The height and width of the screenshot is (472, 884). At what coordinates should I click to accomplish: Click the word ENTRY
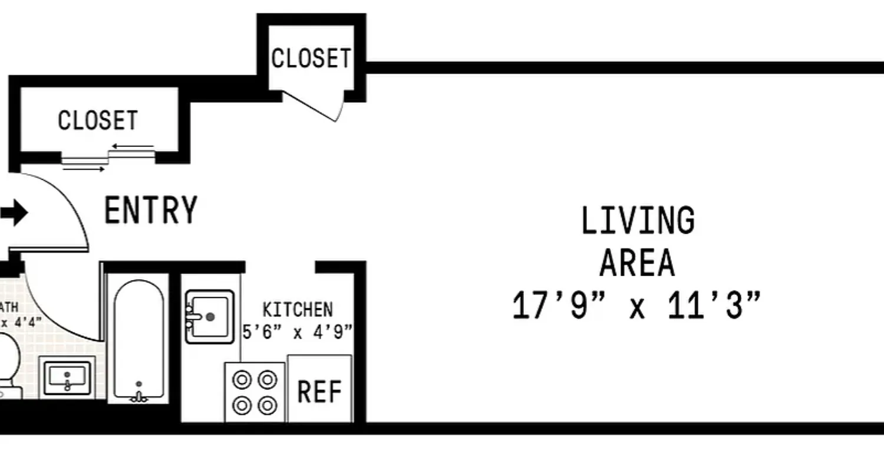(150, 211)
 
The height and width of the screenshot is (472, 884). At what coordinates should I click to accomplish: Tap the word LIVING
(638, 221)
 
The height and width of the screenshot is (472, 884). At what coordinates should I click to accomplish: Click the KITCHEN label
(297, 309)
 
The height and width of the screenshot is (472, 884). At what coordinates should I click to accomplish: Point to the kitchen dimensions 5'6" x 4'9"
(297, 332)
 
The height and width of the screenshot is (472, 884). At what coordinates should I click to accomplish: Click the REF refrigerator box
(319, 391)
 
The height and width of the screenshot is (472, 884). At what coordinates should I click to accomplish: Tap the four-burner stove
(255, 392)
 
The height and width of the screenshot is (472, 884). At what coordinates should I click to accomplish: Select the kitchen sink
(209, 316)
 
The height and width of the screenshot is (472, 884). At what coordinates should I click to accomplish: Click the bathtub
(139, 339)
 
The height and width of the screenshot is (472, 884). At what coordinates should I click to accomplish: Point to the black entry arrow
(14, 214)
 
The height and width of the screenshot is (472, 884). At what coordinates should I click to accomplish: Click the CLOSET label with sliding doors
(98, 120)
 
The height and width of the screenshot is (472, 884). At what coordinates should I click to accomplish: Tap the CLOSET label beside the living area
(311, 58)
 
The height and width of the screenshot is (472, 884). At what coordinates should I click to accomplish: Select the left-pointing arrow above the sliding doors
(133, 146)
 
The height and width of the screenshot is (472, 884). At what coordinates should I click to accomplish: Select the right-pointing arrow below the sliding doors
(84, 169)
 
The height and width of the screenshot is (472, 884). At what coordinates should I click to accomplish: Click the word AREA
(636, 263)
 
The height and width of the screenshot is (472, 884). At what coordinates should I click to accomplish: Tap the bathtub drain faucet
(139, 395)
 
